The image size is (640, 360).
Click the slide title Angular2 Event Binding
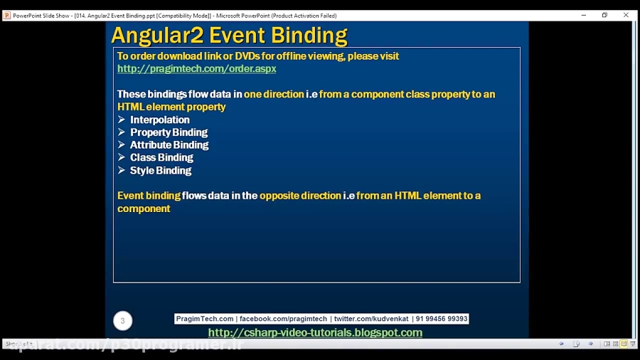click(229, 35)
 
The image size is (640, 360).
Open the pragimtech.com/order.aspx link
click(196, 69)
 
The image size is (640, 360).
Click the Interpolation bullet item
click(159, 120)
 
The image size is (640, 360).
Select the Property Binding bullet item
click(169, 132)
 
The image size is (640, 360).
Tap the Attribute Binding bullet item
click(169, 145)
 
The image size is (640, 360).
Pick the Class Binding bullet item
click(161, 157)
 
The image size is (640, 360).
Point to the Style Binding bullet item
click(160, 171)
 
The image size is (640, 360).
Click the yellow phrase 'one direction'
click(274, 95)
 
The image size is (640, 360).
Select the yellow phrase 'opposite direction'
click(300, 196)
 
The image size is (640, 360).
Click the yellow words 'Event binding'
click(149, 196)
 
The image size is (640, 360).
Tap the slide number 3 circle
click(122, 321)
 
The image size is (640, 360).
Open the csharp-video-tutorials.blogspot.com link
click(315, 333)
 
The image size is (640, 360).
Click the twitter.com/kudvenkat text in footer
click(370, 319)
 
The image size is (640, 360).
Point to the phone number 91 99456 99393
click(442, 319)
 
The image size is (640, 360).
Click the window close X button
click(626, 15)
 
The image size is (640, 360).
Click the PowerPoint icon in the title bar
click(6, 15)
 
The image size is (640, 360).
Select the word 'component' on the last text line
click(144, 208)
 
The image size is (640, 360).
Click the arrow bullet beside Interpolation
click(122, 120)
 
